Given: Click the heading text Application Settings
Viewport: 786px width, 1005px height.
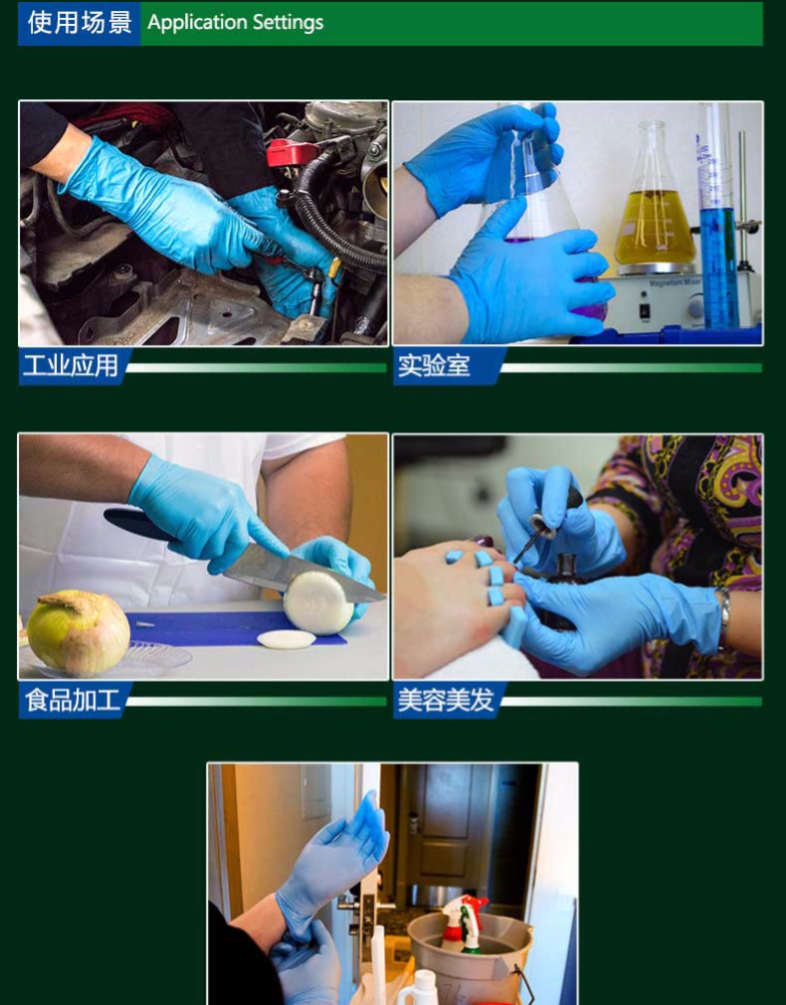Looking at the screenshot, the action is (x=236, y=23).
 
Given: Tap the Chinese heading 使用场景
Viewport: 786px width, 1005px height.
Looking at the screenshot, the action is (x=80, y=23).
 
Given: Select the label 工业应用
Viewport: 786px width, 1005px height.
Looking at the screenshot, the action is (x=71, y=366).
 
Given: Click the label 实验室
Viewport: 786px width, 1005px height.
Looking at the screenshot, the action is (x=434, y=366).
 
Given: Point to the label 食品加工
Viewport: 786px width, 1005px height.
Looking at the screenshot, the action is (x=73, y=699).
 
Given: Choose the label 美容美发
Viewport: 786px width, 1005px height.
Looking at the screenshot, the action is (x=446, y=699).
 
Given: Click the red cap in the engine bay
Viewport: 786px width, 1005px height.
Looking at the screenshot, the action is (x=293, y=152).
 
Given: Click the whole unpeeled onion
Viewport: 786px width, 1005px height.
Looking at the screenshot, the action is (x=79, y=632).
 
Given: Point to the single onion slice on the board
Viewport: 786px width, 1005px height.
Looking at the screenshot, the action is (x=287, y=639).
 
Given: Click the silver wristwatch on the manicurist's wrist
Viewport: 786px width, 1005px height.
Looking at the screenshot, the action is (x=723, y=616).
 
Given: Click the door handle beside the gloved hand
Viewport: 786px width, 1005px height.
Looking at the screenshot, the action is (x=367, y=904).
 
